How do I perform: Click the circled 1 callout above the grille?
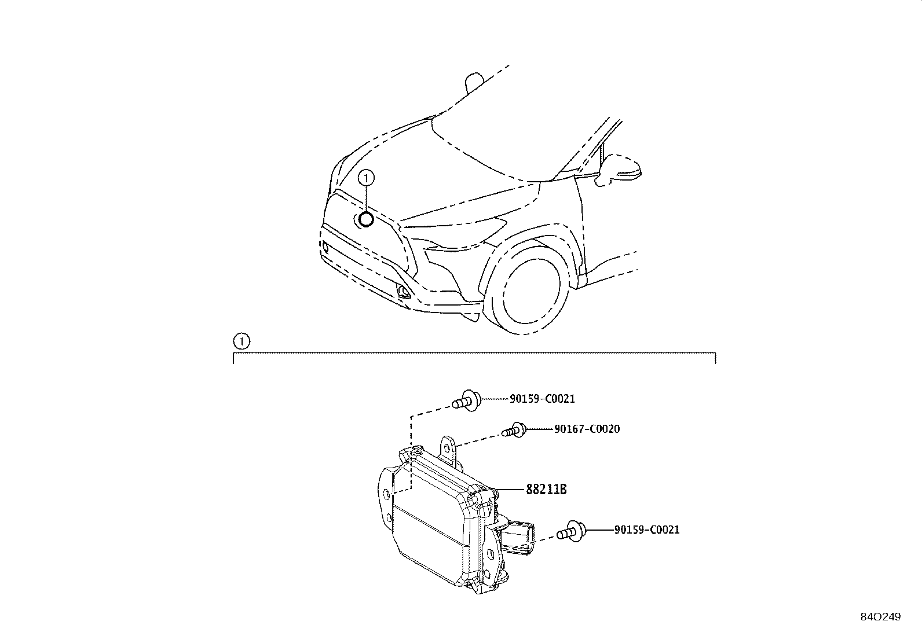366,178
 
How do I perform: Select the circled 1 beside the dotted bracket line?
241,341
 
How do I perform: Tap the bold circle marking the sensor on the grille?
365,220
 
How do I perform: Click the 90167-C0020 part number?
587,429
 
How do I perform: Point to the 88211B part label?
546,489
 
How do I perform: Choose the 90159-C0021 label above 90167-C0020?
542,399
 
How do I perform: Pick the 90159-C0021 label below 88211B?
647,530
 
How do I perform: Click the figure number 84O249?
880,617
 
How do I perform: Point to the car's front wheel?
527,290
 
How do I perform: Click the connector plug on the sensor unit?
517,538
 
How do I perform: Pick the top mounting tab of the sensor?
450,450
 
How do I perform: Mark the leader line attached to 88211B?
510,490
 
